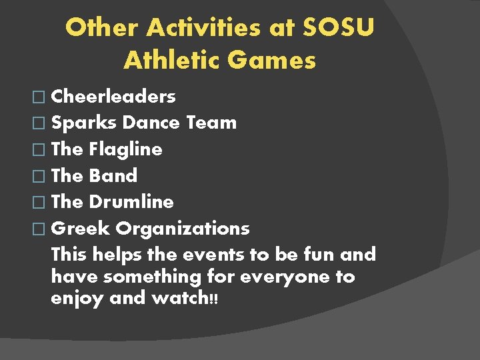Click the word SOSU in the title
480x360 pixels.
click(x=339, y=28)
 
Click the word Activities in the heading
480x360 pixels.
click(x=221, y=28)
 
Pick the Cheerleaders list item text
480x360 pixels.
click(x=113, y=97)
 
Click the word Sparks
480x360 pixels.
click(x=84, y=123)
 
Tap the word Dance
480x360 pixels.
click(x=151, y=123)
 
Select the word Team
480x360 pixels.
click(x=211, y=123)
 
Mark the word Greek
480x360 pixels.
click(x=80, y=228)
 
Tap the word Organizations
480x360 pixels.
click(x=183, y=228)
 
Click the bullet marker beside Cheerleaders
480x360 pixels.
click(x=42, y=97)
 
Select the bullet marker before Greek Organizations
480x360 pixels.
click(x=42, y=229)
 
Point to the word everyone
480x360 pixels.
click(x=279, y=277)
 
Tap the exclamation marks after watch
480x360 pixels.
click(x=213, y=299)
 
